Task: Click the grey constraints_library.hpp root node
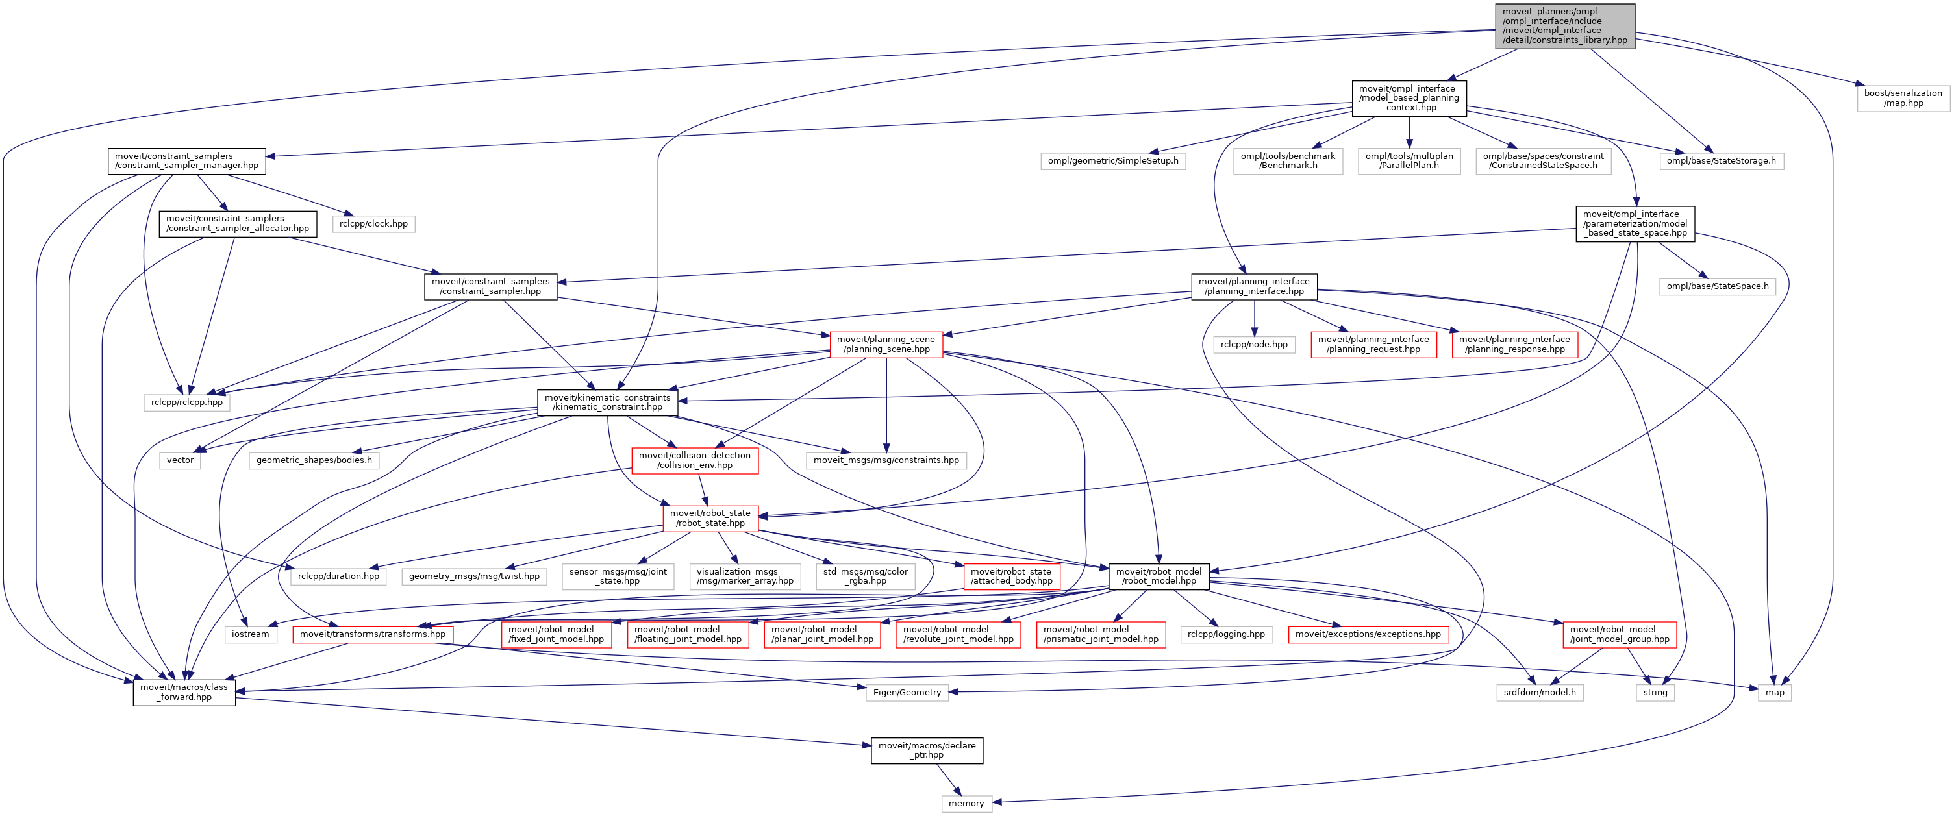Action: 1564,26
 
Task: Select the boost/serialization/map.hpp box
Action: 1903,98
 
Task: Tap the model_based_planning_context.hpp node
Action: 1409,98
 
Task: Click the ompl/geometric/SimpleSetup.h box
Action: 1113,161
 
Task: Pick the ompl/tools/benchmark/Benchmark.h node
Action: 1287,161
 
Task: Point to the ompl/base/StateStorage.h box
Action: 1720,161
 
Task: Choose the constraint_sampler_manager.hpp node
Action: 186,161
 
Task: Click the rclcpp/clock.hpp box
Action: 373,224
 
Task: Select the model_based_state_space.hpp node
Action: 1635,224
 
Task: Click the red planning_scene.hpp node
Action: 886,344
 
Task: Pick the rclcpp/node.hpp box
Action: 1254,344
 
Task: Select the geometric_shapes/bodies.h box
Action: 314,460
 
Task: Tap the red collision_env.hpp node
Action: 694,460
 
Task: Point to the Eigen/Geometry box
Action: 907,693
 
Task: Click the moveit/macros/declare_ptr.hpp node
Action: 926,750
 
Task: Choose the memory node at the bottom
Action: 966,804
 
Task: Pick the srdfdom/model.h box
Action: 1539,693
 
